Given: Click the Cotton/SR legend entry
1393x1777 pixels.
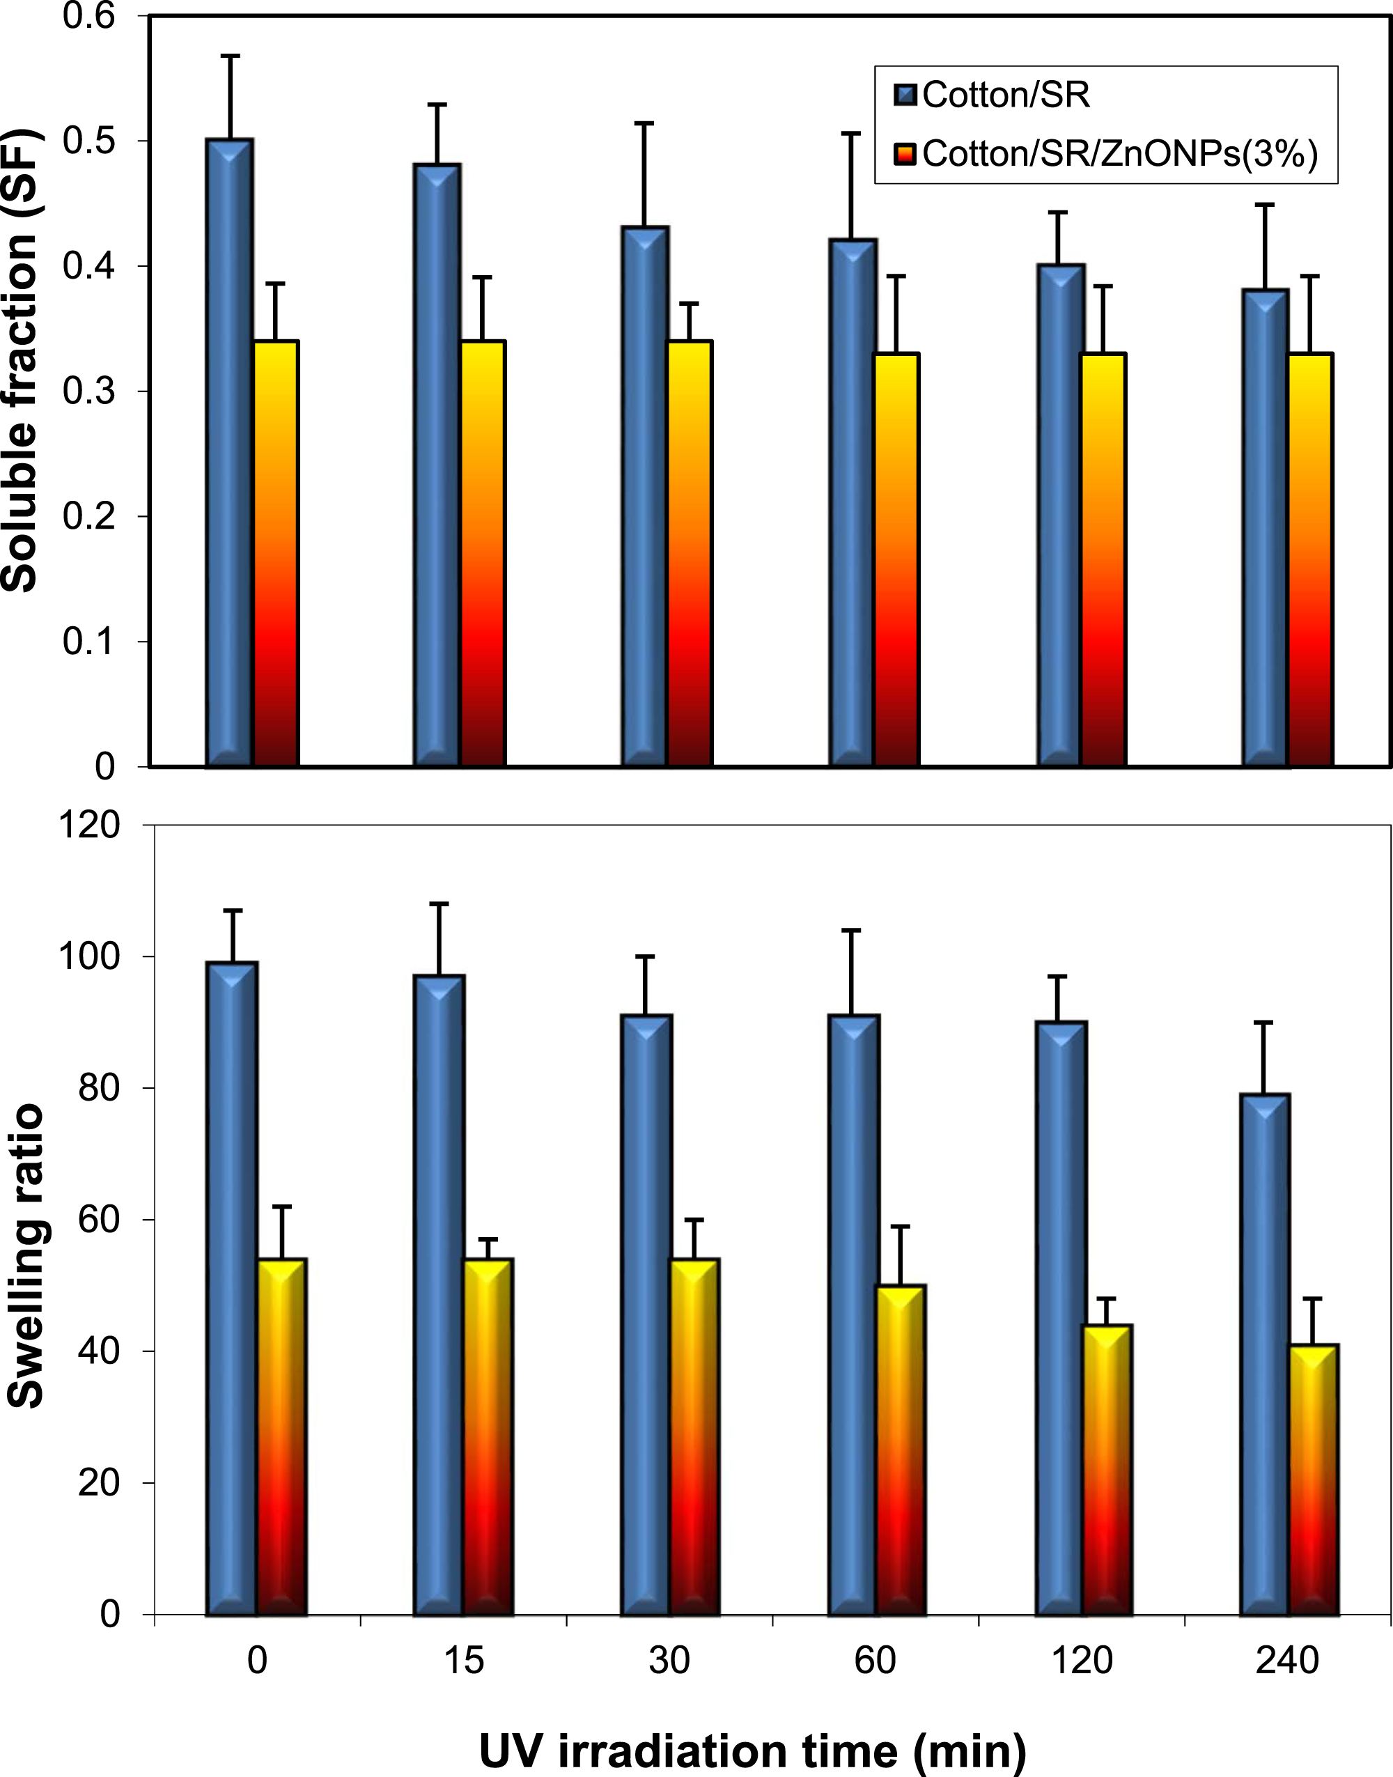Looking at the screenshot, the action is click(x=993, y=95).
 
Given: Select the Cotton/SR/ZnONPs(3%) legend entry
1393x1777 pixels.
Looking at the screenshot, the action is click(x=1106, y=153).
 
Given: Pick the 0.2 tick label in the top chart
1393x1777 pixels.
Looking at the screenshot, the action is click(x=91, y=516).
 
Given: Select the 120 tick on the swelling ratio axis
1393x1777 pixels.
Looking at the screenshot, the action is click(x=90, y=825).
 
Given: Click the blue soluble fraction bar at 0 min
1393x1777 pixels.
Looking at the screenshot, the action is click(x=229, y=453).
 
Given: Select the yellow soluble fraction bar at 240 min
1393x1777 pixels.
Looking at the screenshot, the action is click(x=1311, y=559).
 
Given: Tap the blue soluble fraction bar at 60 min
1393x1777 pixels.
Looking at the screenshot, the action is click(x=853, y=502).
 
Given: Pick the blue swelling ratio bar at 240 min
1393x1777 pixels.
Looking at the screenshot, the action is click(x=1265, y=1353).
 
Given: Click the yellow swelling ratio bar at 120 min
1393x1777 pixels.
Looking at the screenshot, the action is click(x=1107, y=1470).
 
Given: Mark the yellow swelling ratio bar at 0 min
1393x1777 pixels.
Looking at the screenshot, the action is click(x=282, y=1437).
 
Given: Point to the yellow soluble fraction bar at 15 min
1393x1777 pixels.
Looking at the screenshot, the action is click(x=483, y=554).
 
